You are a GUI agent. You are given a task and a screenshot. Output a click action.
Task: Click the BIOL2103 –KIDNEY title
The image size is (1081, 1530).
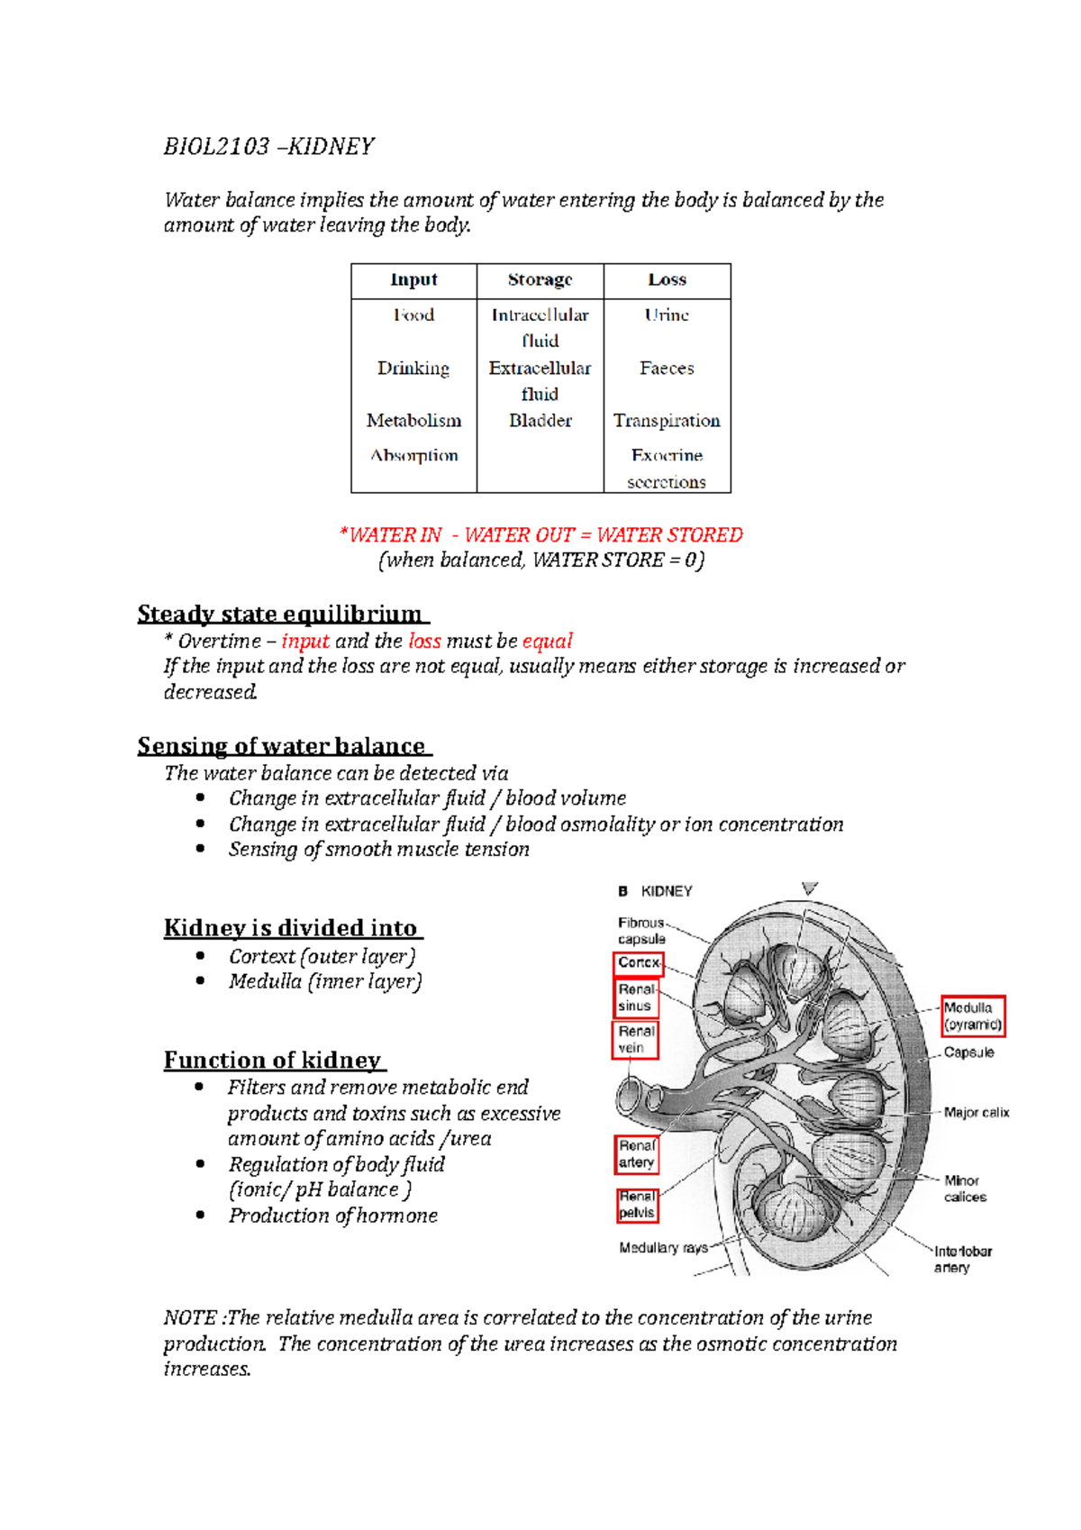tap(268, 147)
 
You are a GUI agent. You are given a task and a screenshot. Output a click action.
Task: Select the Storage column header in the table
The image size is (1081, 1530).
tap(540, 280)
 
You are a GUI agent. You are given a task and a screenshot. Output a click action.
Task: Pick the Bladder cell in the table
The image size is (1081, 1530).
tap(540, 421)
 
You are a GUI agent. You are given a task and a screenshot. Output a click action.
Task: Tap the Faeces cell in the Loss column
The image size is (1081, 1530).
tap(667, 369)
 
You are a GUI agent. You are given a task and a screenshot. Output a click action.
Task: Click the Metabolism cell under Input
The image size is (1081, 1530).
tap(413, 421)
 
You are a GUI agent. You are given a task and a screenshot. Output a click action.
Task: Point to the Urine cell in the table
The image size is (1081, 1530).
tap(667, 315)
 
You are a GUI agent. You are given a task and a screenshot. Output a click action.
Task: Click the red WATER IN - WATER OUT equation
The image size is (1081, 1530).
tap(540, 535)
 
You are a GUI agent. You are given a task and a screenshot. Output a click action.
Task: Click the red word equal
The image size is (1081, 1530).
tap(547, 642)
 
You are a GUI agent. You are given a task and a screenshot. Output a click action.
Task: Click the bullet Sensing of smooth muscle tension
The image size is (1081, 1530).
tap(378, 850)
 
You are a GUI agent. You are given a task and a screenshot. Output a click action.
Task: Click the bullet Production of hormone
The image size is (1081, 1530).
tap(332, 1216)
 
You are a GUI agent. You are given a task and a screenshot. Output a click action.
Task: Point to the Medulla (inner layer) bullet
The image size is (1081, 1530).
tap(324, 982)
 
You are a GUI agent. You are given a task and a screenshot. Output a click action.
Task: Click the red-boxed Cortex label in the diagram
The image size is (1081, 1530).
tap(639, 963)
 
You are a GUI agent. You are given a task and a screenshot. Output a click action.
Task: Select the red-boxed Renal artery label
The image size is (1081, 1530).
tap(636, 1154)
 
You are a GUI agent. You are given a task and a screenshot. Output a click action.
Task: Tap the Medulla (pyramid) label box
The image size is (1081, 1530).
tap(972, 1016)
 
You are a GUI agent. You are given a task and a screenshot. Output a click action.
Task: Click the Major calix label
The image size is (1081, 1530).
tap(976, 1113)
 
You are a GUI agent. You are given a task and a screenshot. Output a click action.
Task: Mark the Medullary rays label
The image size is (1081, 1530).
tap(663, 1248)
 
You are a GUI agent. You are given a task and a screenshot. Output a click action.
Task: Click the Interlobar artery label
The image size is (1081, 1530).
tap(961, 1260)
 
